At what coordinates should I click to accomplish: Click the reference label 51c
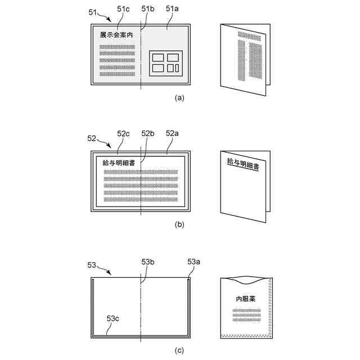click(x=123, y=8)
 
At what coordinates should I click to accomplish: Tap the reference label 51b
click(x=148, y=8)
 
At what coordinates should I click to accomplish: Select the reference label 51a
click(x=173, y=8)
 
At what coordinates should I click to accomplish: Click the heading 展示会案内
click(x=116, y=35)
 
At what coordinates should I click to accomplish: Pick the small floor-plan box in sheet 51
click(x=165, y=62)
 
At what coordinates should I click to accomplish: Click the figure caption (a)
click(x=179, y=97)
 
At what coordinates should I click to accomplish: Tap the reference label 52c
click(x=123, y=133)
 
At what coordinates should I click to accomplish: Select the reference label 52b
click(x=148, y=133)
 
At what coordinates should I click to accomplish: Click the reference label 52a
click(x=173, y=133)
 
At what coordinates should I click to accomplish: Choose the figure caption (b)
click(x=179, y=224)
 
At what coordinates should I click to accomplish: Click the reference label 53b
click(x=148, y=262)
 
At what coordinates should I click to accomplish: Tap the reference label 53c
click(x=113, y=319)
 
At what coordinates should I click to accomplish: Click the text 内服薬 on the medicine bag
click(x=245, y=298)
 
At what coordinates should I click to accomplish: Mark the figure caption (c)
click(x=179, y=350)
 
